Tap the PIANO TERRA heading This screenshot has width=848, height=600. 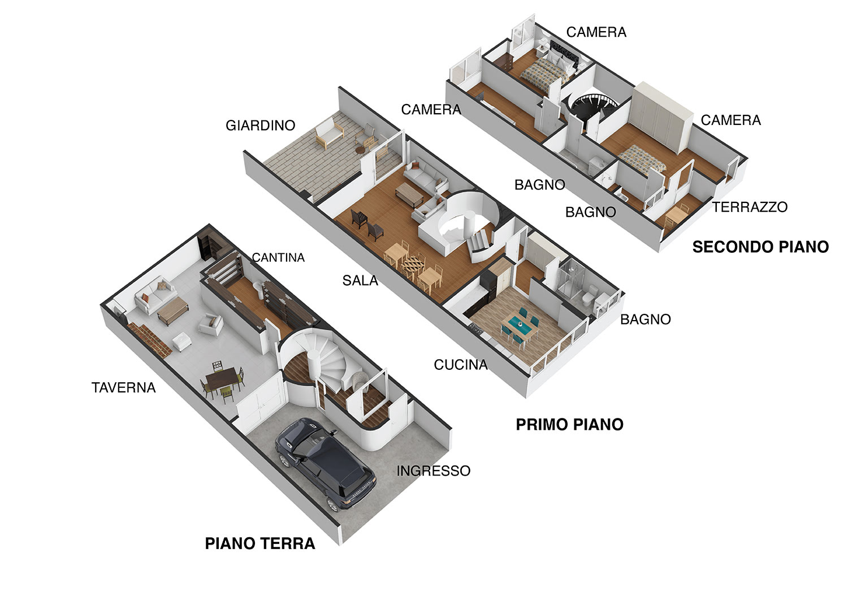tap(260, 543)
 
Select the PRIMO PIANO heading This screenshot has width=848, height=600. tap(569, 425)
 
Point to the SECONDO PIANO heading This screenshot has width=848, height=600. tap(760, 247)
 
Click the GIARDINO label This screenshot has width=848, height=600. tap(261, 126)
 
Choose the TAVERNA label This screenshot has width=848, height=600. tap(123, 387)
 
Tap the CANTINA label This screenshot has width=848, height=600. tap(278, 257)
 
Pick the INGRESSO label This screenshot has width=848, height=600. tap(434, 471)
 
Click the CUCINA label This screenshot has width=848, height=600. tap(461, 365)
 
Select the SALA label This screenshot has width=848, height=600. tap(360, 280)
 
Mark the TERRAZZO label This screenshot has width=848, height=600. tap(750, 207)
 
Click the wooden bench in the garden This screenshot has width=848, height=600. tap(330, 132)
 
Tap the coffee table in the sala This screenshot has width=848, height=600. tap(409, 194)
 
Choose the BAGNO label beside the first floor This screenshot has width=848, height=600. tap(646, 320)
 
